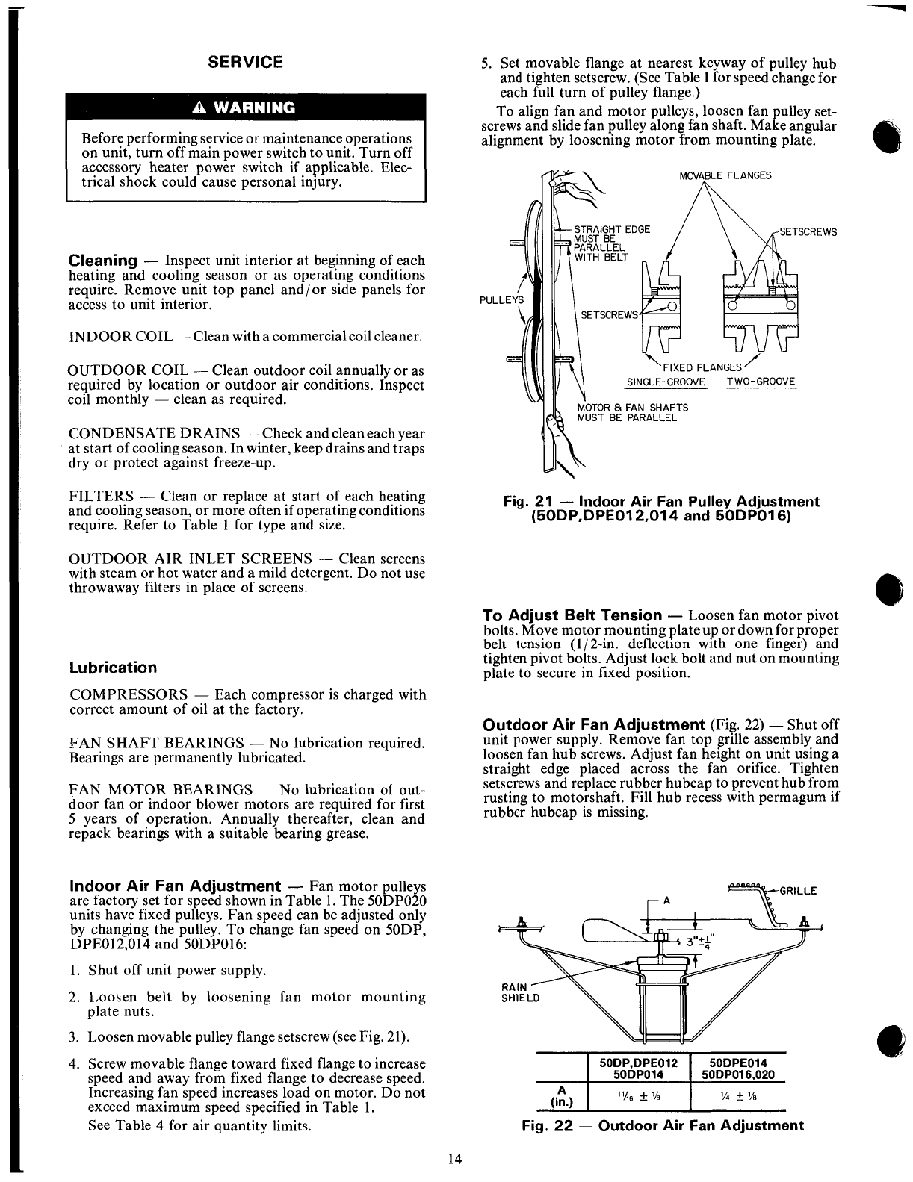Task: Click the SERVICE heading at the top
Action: point(246,62)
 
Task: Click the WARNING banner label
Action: point(247,106)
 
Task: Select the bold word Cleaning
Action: point(102,261)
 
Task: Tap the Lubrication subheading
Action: point(113,668)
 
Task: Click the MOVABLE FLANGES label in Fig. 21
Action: point(725,176)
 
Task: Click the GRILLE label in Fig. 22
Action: point(798,891)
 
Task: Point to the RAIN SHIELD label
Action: point(514,992)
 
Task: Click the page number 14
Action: point(455,1160)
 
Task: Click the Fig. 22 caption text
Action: point(661,1126)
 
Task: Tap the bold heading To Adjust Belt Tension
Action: point(572,616)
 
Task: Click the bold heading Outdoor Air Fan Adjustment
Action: point(594,725)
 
